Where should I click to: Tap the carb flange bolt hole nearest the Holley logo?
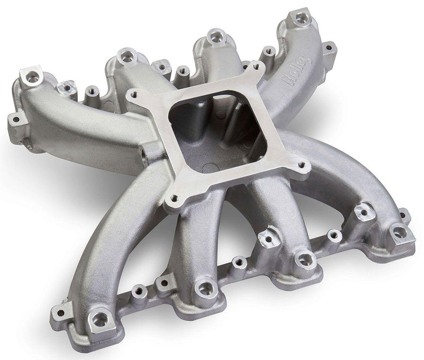pos(258,67)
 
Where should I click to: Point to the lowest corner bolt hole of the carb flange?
pos(172,200)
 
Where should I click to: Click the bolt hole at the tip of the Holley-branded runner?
pos(302,19)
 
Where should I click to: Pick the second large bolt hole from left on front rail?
pos(202,289)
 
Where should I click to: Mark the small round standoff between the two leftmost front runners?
pos(140,290)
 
